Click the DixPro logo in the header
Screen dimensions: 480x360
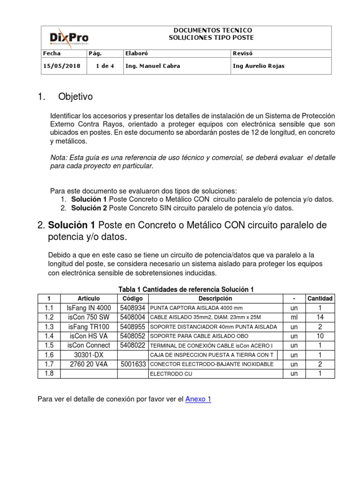pos(69,37)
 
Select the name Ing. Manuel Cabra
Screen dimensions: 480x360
pos(152,66)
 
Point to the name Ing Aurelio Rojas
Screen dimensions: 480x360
pos(258,66)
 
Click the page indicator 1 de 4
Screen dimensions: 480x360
pos(105,66)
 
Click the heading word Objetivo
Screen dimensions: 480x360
pos(75,97)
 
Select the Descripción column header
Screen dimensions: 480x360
pos(215,299)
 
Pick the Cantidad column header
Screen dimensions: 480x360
pos(320,299)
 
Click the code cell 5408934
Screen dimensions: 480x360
pos(132,308)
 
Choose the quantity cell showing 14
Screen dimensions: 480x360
pos(320,317)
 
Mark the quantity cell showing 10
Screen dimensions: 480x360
pos(320,336)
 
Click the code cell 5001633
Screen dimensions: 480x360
pos(132,364)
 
